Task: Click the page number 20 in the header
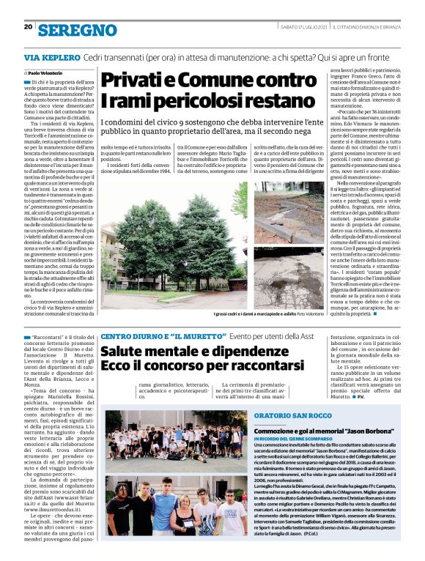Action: pyautogui.click(x=28, y=27)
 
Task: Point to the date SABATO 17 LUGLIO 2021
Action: pyautogui.click(x=302, y=27)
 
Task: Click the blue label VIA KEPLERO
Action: pyautogui.click(x=51, y=57)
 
